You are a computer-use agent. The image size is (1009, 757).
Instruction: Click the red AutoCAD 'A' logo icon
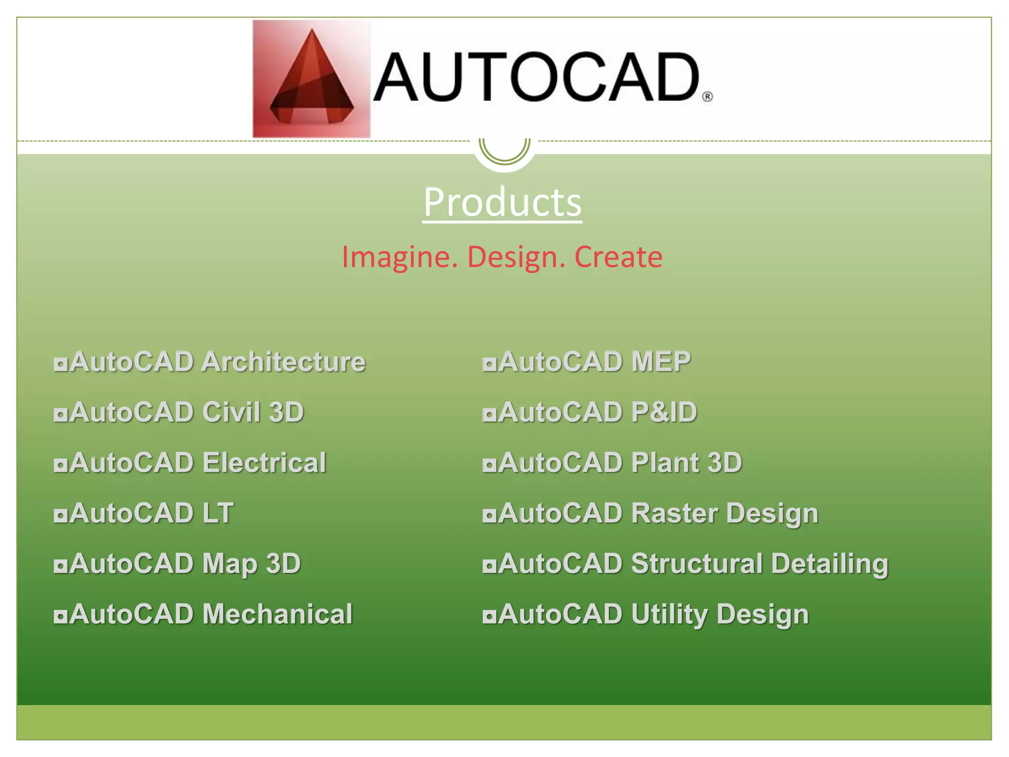[x=311, y=79]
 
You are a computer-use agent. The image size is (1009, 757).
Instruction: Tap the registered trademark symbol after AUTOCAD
[x=707, y=97]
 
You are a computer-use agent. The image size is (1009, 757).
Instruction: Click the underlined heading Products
[x=502, y=202]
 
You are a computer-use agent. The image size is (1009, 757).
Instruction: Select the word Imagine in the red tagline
[x=400, y=257]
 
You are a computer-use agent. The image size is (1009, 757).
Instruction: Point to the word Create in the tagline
[x=618, y=257]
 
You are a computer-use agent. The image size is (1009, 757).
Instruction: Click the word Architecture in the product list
[x=283, y=362]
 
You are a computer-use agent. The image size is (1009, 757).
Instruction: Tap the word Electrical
[x=264, y=463]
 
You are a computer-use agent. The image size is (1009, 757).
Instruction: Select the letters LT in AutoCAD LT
[x=218, y=513]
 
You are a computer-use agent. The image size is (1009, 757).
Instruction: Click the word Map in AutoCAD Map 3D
[x=230, y=564]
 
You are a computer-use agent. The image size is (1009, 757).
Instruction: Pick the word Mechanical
[x=277, y=614]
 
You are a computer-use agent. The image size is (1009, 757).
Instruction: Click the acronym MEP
[x=661, y=362]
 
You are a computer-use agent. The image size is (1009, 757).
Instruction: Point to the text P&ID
[x=664, y=412]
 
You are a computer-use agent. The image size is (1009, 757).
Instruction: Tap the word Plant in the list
[x=665, y=463]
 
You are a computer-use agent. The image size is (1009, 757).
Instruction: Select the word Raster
[x=673, y=513]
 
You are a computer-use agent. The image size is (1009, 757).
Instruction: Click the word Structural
[x=697, y=563]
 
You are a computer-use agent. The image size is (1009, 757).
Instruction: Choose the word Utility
[x=669, y=615]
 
